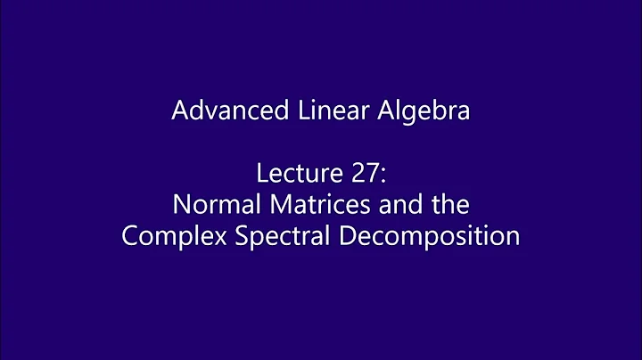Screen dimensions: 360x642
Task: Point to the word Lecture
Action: [280, 173]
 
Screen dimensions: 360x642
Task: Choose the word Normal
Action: [205, 205]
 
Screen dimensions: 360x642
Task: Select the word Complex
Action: [164, 237]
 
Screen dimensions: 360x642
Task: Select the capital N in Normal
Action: [180, 205]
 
